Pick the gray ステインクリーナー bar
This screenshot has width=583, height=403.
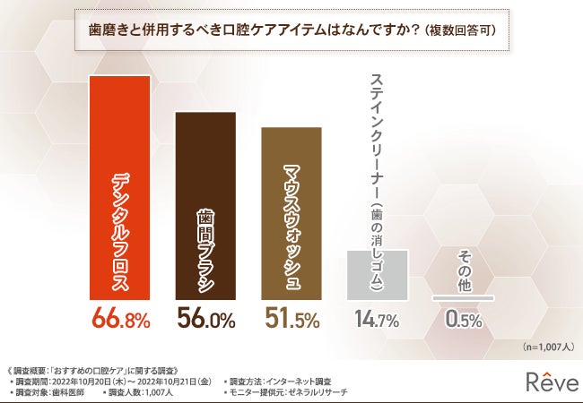click(x=378, y=273)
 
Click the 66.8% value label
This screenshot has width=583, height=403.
click(x=120, y=320)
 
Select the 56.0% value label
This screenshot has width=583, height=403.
click(x=205, y=320)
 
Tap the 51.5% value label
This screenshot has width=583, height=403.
click(x=291, y=320)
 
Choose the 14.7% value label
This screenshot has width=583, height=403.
click(x=377, y=320)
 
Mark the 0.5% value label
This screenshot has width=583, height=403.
click(x=464, y=320)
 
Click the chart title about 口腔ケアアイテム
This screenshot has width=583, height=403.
click(x=291, y=29)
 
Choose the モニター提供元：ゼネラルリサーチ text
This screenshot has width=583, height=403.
click(x=287, y=391)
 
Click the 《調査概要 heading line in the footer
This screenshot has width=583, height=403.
click(x=94, y=368)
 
